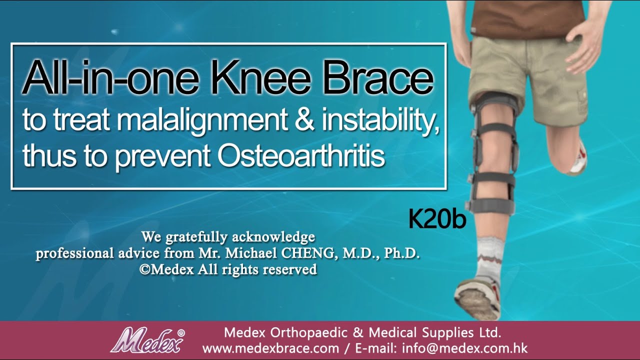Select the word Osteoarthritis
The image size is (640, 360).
pos(301,156)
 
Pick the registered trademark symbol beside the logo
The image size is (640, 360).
pos(181,332)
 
